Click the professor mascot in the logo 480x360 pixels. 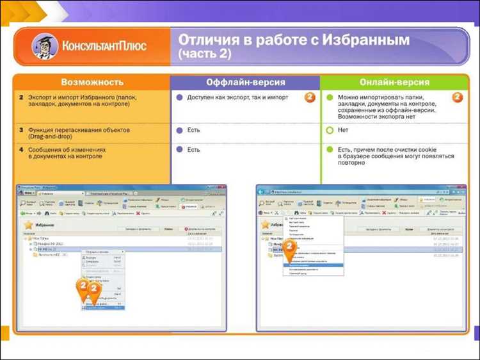44,47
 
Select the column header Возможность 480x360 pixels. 91,83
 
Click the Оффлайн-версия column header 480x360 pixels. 245,83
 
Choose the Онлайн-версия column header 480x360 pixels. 395,83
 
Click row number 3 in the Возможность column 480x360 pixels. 20,130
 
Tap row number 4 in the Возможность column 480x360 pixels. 20,150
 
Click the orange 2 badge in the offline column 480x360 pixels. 309,98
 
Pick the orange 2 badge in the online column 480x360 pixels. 458,98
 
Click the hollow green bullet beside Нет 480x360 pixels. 330,130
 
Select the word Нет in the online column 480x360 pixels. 343,130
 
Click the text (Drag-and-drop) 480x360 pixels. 51,137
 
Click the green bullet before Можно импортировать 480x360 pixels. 330,98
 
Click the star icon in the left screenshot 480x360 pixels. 29,225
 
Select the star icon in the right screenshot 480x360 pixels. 264,225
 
